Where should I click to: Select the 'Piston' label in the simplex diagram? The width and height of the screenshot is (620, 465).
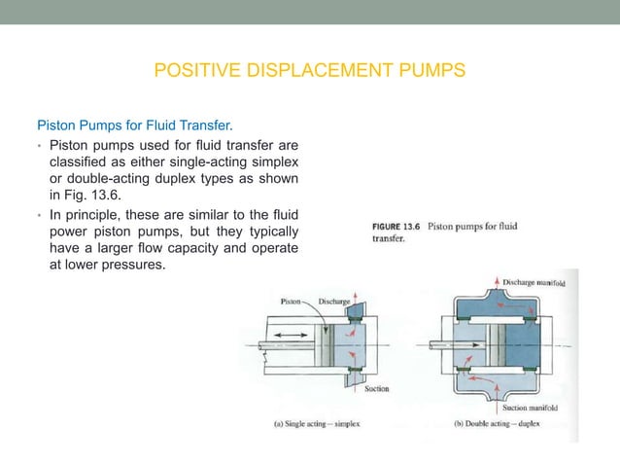click(292, 302)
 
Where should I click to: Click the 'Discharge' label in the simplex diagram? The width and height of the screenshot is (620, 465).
click(335, 302)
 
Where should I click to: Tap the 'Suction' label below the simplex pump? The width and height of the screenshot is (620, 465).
click(377, 389)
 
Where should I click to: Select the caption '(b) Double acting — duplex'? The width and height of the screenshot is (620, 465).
click(494, 424)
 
